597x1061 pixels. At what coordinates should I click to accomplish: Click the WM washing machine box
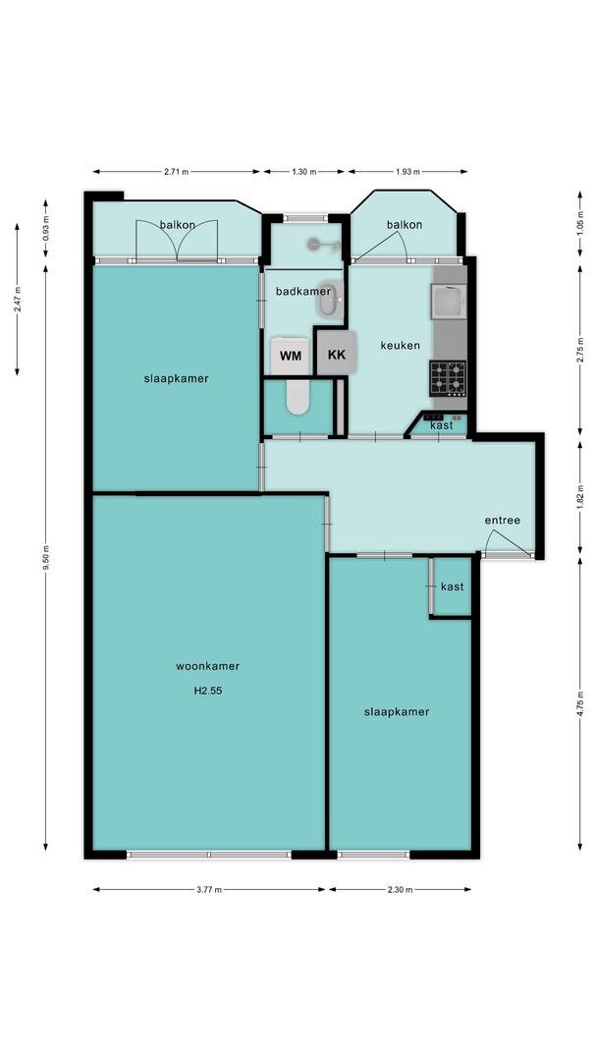[291, 356]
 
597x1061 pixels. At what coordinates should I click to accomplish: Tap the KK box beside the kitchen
[336, 352]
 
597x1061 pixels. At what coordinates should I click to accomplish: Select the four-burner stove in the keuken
[448, 378]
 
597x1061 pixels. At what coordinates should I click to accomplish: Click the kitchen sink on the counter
[447, 301]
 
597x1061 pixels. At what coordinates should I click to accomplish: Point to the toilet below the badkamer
[298, 397]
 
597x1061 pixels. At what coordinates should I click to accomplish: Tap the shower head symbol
[321, 245]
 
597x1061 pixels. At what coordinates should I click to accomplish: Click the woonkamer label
[207, 666]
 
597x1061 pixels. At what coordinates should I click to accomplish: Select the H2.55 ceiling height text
[207, 692]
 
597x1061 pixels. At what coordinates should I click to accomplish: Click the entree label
[503, 520]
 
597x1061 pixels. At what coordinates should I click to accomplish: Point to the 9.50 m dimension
[46, 558]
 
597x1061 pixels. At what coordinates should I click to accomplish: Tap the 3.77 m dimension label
[209, 890]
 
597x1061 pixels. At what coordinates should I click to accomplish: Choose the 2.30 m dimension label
[401, 890]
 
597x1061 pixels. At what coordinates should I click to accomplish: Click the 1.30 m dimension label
[304, 172]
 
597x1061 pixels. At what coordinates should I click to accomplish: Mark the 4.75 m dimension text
[580, 703]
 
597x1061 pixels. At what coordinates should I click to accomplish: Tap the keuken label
[401, 345]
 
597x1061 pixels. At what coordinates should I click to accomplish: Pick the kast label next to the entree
[453, 586]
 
